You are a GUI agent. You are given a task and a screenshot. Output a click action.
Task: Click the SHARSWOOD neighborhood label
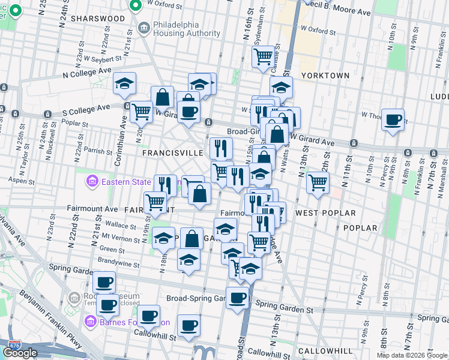point(98,19)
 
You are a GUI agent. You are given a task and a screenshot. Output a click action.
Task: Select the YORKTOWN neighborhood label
point(325,76)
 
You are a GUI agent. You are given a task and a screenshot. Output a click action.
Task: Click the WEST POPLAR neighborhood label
point(325,213)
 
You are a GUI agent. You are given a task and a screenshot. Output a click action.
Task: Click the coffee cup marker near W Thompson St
point(393,120)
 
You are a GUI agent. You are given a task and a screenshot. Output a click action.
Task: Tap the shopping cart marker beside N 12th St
point(318,182)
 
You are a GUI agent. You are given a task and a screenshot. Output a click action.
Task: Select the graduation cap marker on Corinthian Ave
point(124,84)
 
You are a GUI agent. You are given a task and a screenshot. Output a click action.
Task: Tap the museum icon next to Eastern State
point(92,181)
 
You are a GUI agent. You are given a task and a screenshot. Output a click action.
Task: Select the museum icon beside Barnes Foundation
point(91,322)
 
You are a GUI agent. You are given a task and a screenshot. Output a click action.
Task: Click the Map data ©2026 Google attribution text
point(412,355)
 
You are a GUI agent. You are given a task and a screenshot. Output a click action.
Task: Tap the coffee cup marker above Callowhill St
point(188,326)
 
